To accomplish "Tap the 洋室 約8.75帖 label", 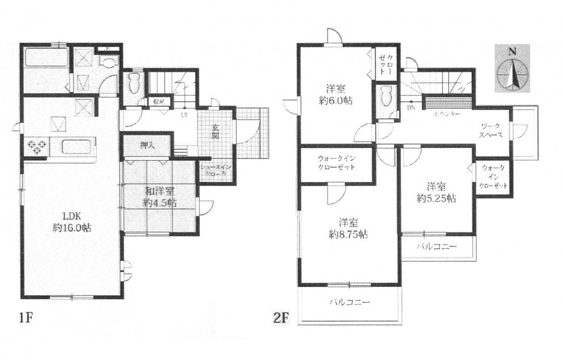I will pyautogui.click(x=348, y=228).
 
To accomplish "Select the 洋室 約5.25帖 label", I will pyautogui.click(x=437, y=191).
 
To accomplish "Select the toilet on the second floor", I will pyautogui.click(x=386, y=96).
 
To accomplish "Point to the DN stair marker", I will pyautogui.click(x=411, y=108).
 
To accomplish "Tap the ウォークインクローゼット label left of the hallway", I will pyautogui.click(x=336, y=163).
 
